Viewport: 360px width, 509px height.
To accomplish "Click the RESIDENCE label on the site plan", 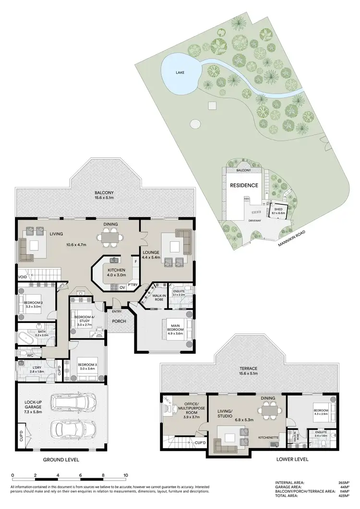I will click(x=244, y=185).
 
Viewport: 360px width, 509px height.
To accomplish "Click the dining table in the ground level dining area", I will click(x=108, y=237).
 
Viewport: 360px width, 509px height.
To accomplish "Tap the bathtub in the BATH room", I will click(x=27, y=337).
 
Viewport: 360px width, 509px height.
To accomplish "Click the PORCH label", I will click(x=118, y=321).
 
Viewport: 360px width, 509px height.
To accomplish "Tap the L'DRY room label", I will click(x=36, y=369).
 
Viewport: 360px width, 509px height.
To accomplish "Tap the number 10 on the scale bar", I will click(x=126, y=476).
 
